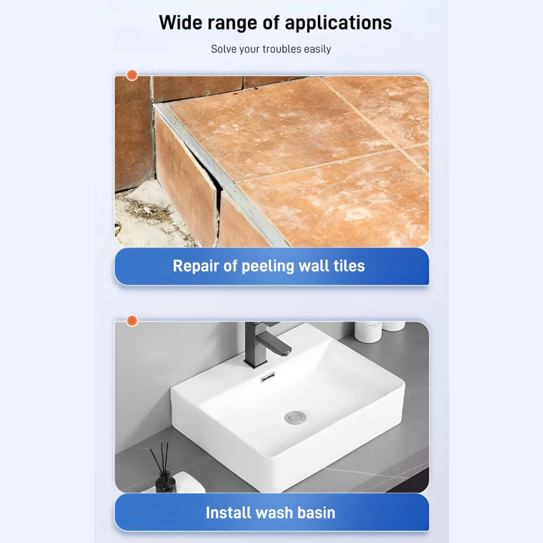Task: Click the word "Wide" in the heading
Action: click(x=180, y=23)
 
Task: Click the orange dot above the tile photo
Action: click(x=132, y=75)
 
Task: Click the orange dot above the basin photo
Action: click(x=132, y=321)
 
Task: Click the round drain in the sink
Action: click(x=295, y=418)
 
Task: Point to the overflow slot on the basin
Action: click(x=268, y=377)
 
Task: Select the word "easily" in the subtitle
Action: click(x=317, y=50)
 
